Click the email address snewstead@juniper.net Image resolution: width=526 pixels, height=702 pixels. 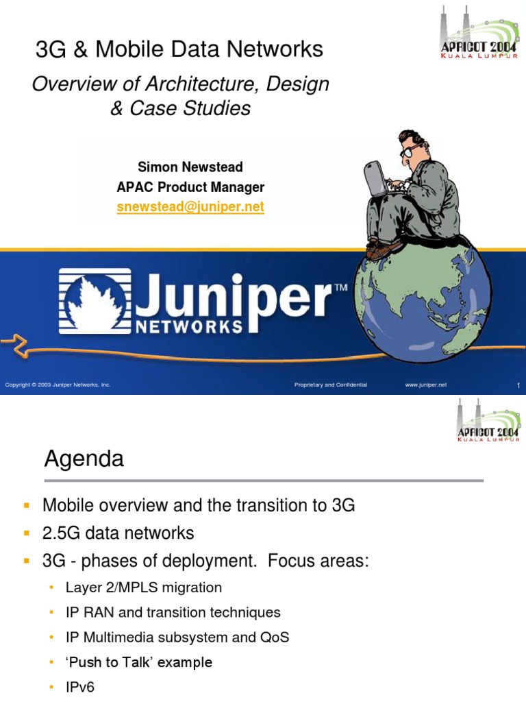coord(190,206)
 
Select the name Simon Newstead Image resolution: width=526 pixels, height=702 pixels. coord(190,167)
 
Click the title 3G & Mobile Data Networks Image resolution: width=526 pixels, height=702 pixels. coord(179,49)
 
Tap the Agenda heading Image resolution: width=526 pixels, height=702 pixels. coord(84,459)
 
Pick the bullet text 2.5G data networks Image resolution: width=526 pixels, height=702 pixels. coord(118,533)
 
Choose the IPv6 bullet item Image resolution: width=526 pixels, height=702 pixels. coord(80,686)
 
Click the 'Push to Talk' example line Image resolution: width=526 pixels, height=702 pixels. coord(139,662)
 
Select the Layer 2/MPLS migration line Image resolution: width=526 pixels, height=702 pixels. coord(144,588)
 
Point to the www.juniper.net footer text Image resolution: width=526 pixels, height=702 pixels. coord(425,385)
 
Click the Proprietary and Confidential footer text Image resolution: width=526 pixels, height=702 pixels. coord(331,385)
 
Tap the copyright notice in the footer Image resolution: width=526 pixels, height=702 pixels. coord(58,385)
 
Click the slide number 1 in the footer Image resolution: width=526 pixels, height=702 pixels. coord(518,386)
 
